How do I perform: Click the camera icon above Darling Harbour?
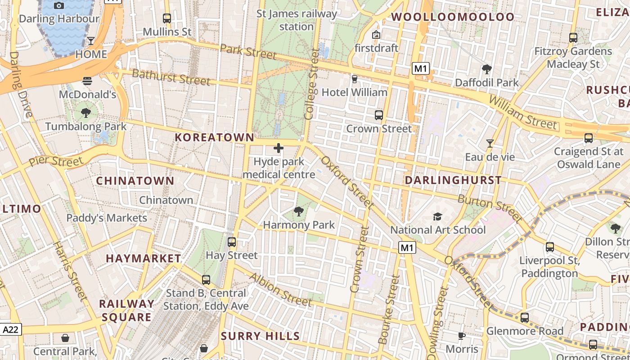pyautogui.click(x=58, y=6)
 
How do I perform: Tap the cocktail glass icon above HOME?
pyautogui.click(x=91, y=41)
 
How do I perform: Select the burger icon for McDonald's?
pyautogui.click(x=87, y=81)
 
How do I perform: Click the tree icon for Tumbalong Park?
pyautogui.click(x=86, y=113)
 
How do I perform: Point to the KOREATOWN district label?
pyautogui.click(x=214, y=137)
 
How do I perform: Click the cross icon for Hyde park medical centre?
pyautogui.click(x=279, y=148)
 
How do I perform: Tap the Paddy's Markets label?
pyautogui.click(x=107, y=218)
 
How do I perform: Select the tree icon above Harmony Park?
pyautogui.click(x=298, y=211)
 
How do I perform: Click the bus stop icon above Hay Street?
pyautogui.click(x=232, y=242)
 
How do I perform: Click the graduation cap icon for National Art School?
pyautogui.click(x=437, y=217)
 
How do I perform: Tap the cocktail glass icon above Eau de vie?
pyautogui.click(x=490, y=144)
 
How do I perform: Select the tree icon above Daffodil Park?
pyautogui.click(x=486, y=69)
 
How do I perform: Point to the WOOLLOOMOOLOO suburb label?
pyautogui.click(x=452, y=17)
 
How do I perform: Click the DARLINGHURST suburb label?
pyautogui.click(x=453, y=180)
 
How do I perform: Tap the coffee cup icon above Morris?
pyautogui.click(x=462, y=336)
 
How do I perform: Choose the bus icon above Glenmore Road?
pyautogui.click(x=525, y=318)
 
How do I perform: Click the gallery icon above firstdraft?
pyautogui.click(x=376, y=35)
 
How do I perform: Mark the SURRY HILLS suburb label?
pyautogui.click(x=260, y=336)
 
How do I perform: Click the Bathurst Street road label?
pyautogui.click(x=171, y=77)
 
